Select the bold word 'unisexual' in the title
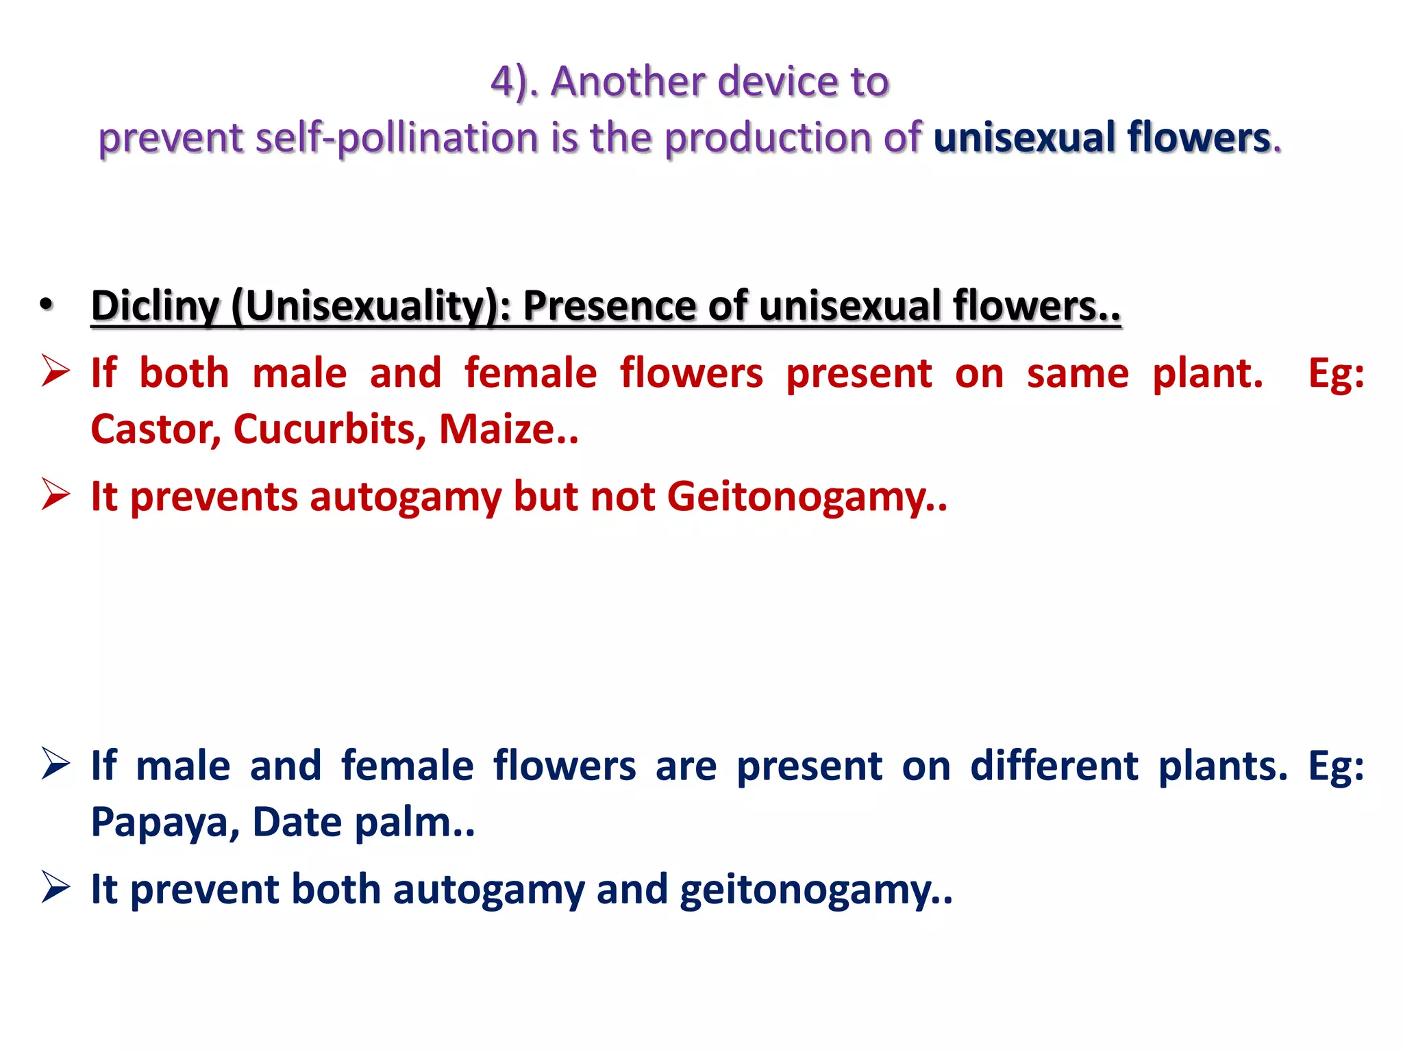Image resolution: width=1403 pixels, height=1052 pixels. pos(1024,138)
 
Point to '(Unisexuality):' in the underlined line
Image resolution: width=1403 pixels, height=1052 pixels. pos(371,306)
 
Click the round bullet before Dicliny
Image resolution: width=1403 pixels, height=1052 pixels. pos(46,305)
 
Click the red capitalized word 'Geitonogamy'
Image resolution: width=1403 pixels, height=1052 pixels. pos(797,497)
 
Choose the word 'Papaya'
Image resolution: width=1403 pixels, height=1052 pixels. pos(165,823)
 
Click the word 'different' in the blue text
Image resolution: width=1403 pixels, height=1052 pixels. pos(1054,766)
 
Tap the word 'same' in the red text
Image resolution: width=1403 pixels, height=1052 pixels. pos(1078,375)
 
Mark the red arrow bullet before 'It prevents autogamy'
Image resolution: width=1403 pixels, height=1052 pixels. pos(55,494)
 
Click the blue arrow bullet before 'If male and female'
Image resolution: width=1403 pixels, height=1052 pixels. pos(55,764)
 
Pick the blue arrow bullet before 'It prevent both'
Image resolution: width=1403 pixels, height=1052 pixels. pos(55,887)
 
